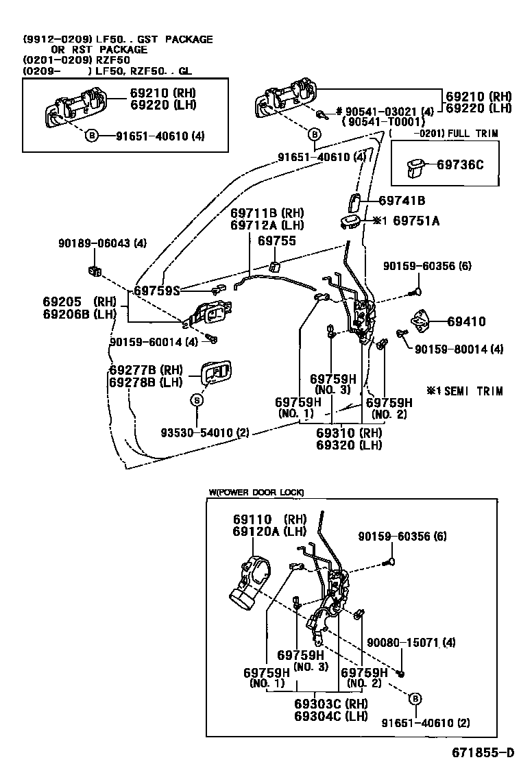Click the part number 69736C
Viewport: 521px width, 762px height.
pos(459,164)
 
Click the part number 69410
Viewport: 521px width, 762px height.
pos(466,321)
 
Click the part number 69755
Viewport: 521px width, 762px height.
pos(277,241)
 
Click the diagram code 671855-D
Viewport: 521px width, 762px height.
pos(482,750)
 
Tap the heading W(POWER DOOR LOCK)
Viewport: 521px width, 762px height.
pos(256,492)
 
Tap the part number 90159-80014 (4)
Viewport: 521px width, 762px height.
pos(459,349)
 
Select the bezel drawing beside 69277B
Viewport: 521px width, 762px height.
pos(215,373)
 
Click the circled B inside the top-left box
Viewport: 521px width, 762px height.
pos(91,136)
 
